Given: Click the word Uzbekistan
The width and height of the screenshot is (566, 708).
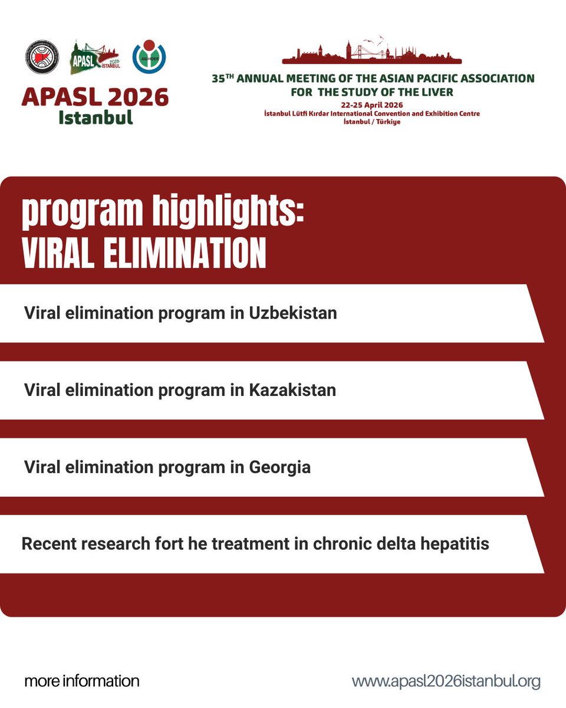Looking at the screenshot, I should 292,313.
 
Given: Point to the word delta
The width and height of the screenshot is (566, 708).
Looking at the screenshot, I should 386,543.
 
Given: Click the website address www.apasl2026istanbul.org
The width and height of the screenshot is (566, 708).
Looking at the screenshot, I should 446,681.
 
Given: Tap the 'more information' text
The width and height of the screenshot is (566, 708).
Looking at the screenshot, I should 82,681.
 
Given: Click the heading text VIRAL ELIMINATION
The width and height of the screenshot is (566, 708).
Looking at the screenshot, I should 144,254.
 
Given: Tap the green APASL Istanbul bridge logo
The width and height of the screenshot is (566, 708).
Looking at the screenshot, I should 95,57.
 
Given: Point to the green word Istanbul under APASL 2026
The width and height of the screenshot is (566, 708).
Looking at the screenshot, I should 95,116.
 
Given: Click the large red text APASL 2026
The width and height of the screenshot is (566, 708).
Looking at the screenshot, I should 95,97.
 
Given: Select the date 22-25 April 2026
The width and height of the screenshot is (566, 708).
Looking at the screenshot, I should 371,105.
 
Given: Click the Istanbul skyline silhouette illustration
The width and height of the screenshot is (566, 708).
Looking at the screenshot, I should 371,52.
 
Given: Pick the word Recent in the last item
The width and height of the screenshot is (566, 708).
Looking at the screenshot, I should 50,543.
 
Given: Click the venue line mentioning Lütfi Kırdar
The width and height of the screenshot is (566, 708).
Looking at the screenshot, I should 371,113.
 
